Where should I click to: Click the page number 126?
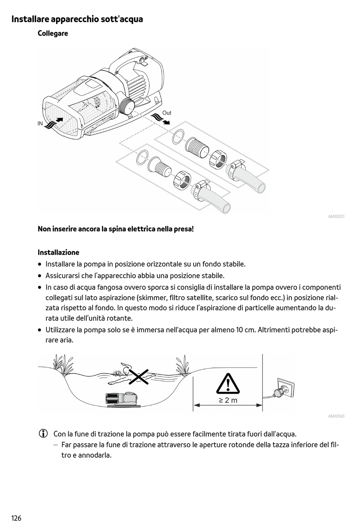pyautogui.click(x=16, y=518)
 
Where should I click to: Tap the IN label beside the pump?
pyautogui.click(x=40, y=124)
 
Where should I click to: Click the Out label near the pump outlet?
pyautogui.click(x=167, y=113)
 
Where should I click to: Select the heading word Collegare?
pyautogui.click(x=53, y=33)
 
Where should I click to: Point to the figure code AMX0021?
pyautogui.click(x=336, y=217)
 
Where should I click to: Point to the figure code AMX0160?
pyautogui.click(x=336, y=416)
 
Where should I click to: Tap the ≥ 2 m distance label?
pyautogui.click(x=228, y=400)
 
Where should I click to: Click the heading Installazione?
pyautogui.click(x=58, y=252)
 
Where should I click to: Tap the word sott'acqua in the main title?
pyautogui.click(x=122, y=19)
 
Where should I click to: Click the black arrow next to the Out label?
pyautogui.click(x=166, y=122)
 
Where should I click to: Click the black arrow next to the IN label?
pyautogui.click(x=58, y=119)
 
